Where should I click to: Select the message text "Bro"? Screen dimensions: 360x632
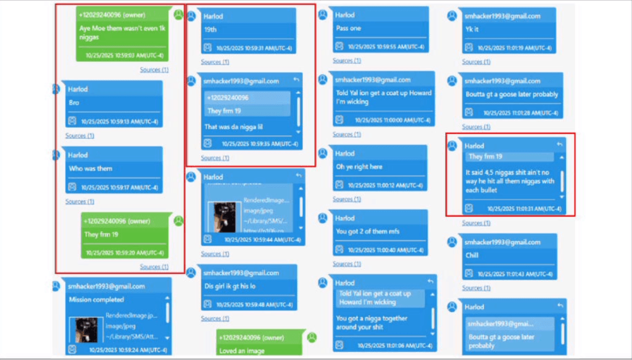pos(74,103)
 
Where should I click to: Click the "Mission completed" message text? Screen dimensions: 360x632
pos(96,299)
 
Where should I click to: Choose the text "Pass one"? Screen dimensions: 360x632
pos(349,28)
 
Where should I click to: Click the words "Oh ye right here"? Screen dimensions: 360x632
pos(359,167)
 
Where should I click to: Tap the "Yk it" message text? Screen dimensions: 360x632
pos(472,28)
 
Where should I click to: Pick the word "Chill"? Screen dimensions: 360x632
pos(472,255)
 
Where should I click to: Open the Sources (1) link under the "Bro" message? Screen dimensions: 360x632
pos(80,136)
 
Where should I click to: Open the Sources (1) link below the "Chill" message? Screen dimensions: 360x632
pos(476,288)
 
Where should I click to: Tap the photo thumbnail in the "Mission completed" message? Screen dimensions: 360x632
pos(85,329)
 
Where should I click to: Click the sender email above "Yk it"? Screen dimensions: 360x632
pos(502,16)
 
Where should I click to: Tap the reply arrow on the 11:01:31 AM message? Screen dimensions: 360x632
pos(560,144)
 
